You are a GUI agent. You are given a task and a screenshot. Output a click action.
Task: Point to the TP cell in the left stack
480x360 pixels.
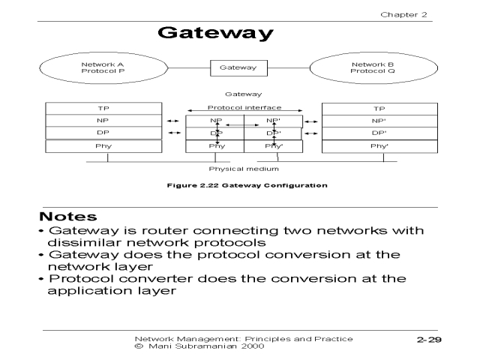[x=103, y=109]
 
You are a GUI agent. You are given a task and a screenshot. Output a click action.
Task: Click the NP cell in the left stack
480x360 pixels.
[x=103, y=121]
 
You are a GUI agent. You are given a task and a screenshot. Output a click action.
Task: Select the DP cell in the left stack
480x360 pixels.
[x=103, y=133]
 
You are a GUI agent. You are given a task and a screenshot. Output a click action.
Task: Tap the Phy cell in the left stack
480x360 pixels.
[x=103, y=145]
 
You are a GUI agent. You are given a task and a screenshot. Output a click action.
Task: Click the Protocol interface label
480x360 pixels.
[x=244, y=108]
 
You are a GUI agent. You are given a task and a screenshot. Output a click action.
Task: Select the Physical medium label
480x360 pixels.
[x=244, y=170]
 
